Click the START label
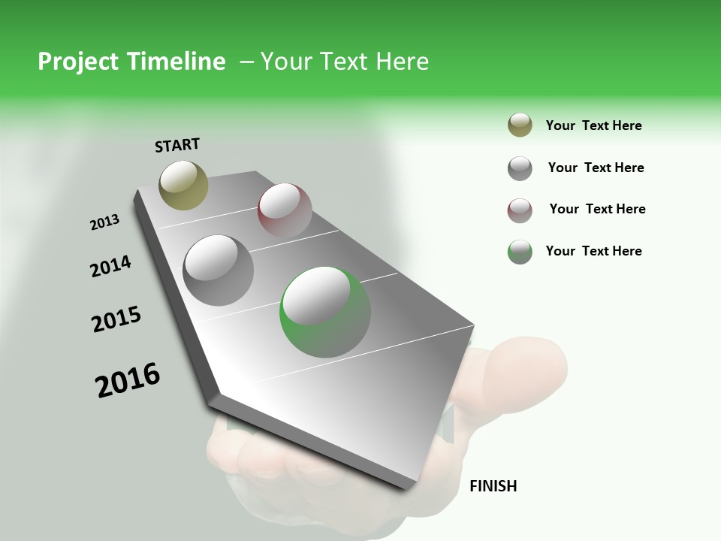coord(177,145)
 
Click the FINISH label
coord(493,486)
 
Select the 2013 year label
coord(105,222)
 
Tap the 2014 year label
coord(111,266)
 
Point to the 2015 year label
coord(116,319)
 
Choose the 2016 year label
coord(128,380)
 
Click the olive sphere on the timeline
coord(183,185)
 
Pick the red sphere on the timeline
coord(285,210)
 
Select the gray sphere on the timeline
coord(218,270)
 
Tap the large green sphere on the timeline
coord(325,312)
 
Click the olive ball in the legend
coord(520,125)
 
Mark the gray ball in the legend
coord(520,168)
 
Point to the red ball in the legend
coord(520,210)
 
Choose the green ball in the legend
coord(520,252)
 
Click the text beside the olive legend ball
coord(593,125)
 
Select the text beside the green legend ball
coord(593,251)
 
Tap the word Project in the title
coord(75,62)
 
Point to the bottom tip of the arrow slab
coord(406,489)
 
